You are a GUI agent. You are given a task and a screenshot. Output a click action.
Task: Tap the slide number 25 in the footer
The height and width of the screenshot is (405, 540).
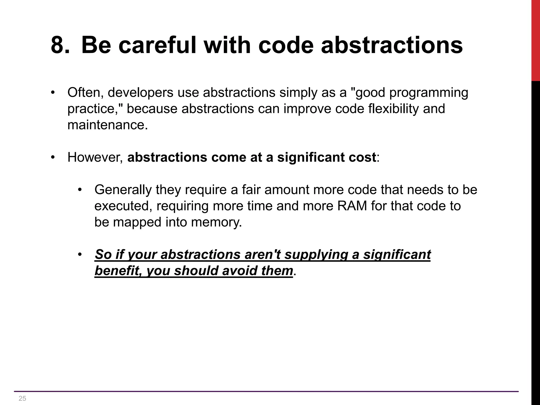pyautogui.click(x=22, y=398)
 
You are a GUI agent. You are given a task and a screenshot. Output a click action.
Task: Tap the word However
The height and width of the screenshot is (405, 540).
pyautogui.click(x=95, y=157)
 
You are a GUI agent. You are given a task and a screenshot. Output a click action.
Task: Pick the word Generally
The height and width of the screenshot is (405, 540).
pyautogui.click(x=123, y=190)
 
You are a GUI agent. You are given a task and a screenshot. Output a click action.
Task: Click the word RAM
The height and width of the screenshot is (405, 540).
pyautogui.click(x=352, y=206)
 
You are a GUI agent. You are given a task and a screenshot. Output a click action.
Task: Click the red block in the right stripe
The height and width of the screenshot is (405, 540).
pyautogui.click(x=536, y=40)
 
